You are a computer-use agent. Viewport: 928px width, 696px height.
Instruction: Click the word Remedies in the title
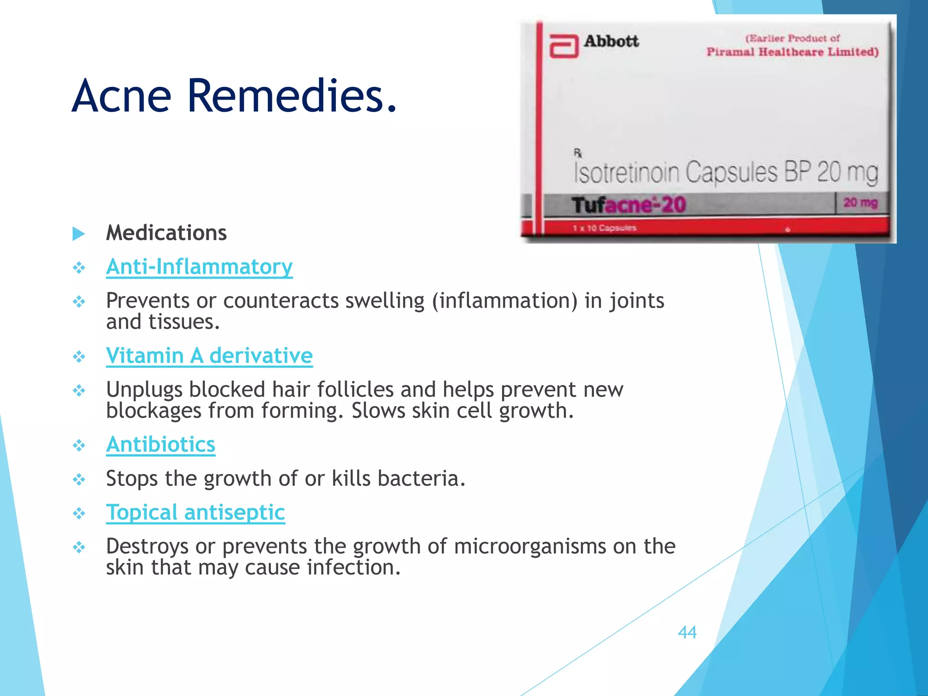pos(292,96)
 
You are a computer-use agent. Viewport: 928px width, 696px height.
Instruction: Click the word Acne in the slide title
pos(121,96)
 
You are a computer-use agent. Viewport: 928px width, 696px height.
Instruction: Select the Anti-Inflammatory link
pos(199,266)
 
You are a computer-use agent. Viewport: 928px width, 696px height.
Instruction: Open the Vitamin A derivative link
pos(209,355)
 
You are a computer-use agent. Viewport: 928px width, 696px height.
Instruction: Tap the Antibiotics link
pos(160,444)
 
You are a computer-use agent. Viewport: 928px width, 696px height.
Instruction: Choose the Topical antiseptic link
pos(195,512)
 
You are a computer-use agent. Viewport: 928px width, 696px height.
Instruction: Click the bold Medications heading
pos(166,233)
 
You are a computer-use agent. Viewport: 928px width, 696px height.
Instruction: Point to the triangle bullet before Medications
pos(79,234)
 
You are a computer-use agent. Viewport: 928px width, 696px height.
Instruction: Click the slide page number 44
pos(687,632)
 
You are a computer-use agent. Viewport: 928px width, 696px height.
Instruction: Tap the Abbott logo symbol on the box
pos(564,46)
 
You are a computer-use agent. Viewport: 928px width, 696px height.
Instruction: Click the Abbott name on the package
pos(611,41)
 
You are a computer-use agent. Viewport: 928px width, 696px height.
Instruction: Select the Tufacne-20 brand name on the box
pos(628,205)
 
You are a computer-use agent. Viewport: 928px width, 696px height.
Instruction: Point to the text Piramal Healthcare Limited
pos(793,52)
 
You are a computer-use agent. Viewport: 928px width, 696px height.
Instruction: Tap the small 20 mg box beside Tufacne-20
pos(860,203)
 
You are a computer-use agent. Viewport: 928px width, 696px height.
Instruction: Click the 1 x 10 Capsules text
pos(604,228)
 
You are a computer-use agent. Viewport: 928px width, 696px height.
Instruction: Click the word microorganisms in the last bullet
pos(530,546)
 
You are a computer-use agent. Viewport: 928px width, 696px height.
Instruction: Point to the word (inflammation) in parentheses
pos(505,301)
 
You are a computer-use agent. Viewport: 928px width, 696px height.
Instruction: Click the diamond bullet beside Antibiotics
pos(79,445)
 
